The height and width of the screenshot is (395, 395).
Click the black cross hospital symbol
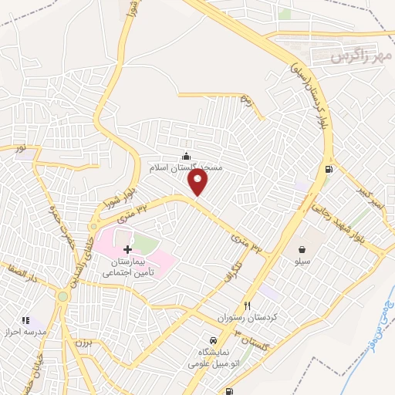(x=127, y=248)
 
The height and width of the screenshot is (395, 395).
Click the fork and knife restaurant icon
(x=248, y=305)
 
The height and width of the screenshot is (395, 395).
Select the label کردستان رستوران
(x=248, y=318)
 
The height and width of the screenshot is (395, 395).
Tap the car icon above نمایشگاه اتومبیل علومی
(x=211, y=339)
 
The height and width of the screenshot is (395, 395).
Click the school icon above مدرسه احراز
(x=25, y=319)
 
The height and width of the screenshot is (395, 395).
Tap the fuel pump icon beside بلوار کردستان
(x=330, y=169)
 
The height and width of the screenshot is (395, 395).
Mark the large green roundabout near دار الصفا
(x=62, y=295)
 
